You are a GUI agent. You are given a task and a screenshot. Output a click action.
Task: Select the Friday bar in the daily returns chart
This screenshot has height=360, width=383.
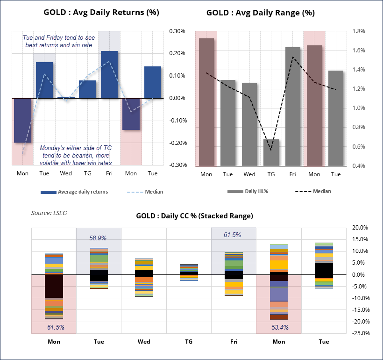click(109, 75)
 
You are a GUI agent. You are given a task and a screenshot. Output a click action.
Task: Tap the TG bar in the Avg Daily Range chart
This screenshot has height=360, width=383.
click(271, 152)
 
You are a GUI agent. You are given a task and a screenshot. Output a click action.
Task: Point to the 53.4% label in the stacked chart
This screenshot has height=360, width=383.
click(279, 327)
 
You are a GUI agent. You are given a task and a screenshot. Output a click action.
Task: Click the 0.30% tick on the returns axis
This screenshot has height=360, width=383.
click(177, 31)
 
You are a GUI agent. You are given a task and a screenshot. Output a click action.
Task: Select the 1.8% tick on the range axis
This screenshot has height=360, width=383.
click(359, 31)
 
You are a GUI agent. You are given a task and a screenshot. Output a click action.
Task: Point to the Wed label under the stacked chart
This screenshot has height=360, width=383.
click(143, 342)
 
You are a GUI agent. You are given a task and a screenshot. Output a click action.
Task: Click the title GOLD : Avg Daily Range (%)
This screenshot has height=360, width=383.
click(261, 13)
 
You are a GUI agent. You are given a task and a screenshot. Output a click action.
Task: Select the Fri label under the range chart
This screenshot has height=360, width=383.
click(292, 174)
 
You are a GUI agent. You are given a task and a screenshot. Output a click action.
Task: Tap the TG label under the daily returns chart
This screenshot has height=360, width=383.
click(88, 173)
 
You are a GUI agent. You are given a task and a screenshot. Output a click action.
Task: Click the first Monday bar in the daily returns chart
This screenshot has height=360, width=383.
click(22, 120)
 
